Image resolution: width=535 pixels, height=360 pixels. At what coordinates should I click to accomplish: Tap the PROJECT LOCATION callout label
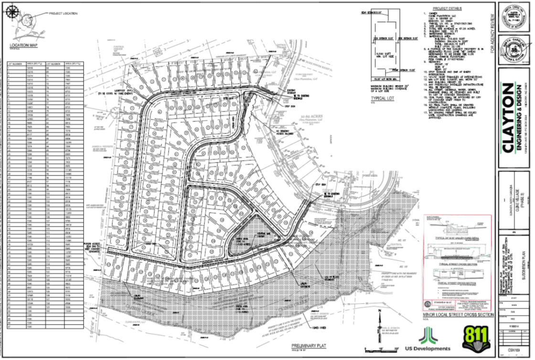tap(63, 13)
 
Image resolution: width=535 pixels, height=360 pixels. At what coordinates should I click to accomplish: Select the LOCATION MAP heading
tap(23, 45)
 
